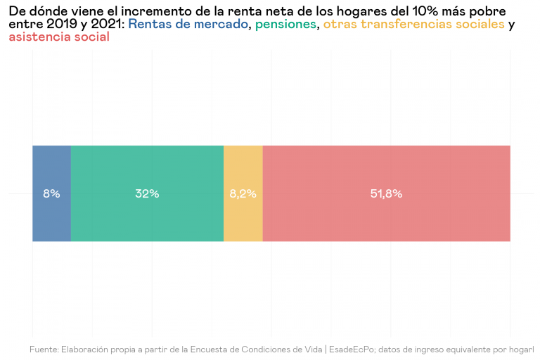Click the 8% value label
click(x=51, y=194)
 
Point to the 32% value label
click(x=147, y=194)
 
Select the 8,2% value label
click(x=243, y=194)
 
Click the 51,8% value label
click(x=386, y=194)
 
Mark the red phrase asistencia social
click(x=59, y=37)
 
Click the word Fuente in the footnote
click(x=44, y=349)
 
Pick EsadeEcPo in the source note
click(x=352, y=349)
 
